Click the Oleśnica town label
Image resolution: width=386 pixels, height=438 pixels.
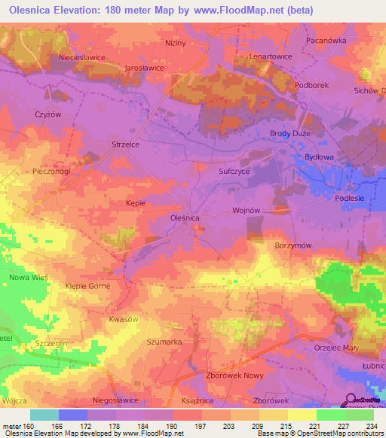coord(182,217)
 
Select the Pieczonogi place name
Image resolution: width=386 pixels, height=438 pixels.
coord(51,172)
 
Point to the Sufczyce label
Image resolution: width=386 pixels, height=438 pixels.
coord(234,172)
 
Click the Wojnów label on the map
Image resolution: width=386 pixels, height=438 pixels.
coord(247,211)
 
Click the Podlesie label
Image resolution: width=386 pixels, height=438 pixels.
coord(350,197)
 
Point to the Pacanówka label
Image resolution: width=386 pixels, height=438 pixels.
coord(326,41)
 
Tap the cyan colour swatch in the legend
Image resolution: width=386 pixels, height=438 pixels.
coord(44,415)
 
